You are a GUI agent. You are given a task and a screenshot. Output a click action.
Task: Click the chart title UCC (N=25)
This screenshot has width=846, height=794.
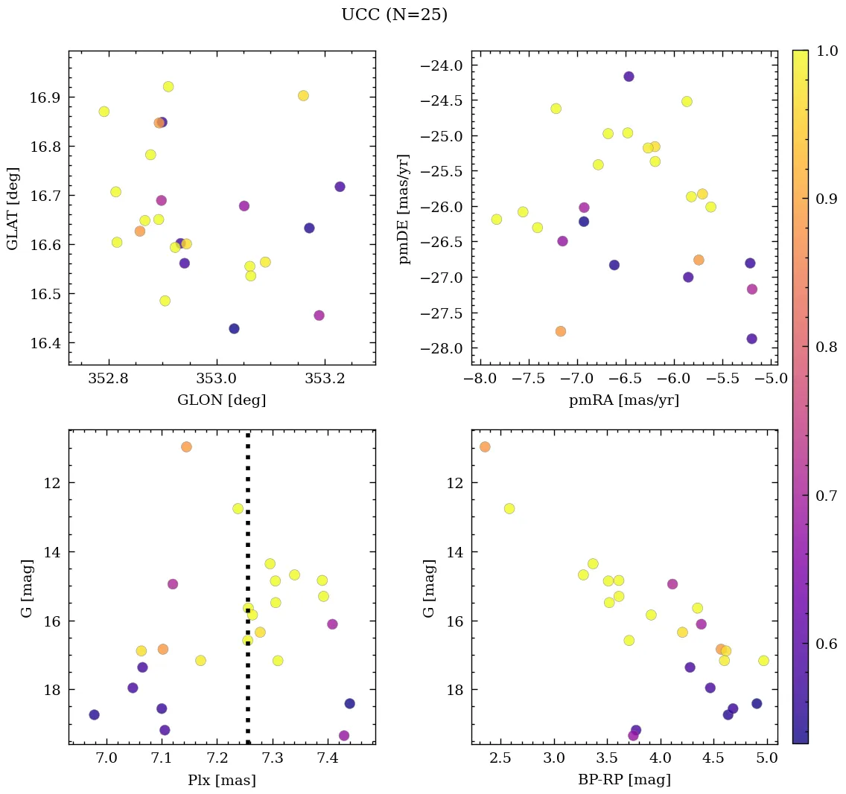pyautogui.click(x=394, y=15)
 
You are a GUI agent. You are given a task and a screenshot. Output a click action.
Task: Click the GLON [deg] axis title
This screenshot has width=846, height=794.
pyautogui.click(x=221, y=400)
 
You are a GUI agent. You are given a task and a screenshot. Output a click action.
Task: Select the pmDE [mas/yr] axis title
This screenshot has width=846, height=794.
pyautogui.click(x=404, y=209)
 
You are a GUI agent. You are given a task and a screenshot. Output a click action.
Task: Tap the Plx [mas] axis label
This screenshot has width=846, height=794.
pyautogui.click(x=221, y=780)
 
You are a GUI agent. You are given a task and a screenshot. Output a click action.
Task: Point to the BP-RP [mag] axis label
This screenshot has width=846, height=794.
pyautogui.click(x=624, y=780)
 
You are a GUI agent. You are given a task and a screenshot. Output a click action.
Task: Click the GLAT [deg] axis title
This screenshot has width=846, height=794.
pyautogui.click(x=13, y=209)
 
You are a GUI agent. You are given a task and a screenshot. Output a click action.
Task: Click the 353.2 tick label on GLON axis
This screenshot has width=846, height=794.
pyautogui.click(x=324, y=379)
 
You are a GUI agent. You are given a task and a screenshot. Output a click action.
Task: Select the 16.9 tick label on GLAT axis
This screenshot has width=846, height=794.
pyautogui.click(x=46, y=97)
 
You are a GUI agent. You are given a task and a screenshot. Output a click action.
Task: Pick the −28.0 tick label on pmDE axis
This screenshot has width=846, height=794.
pyautogui.click(x=444, y=348)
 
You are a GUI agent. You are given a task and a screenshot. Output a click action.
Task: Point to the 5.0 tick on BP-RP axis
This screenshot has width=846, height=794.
pyautogui.click(x=767, y=759)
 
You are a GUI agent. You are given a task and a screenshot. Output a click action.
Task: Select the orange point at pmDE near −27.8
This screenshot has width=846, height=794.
pyautogui.click(x=561, y=331)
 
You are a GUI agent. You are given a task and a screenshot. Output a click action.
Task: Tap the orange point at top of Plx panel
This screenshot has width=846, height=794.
pyautogui.click(x=186, y=446)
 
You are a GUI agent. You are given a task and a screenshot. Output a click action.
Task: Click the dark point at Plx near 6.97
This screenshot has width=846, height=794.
pyautogui.click(x=94, y=714)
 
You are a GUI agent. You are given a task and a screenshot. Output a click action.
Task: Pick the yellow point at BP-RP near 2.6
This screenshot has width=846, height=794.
pyautogui.click(x=509, y=508)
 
